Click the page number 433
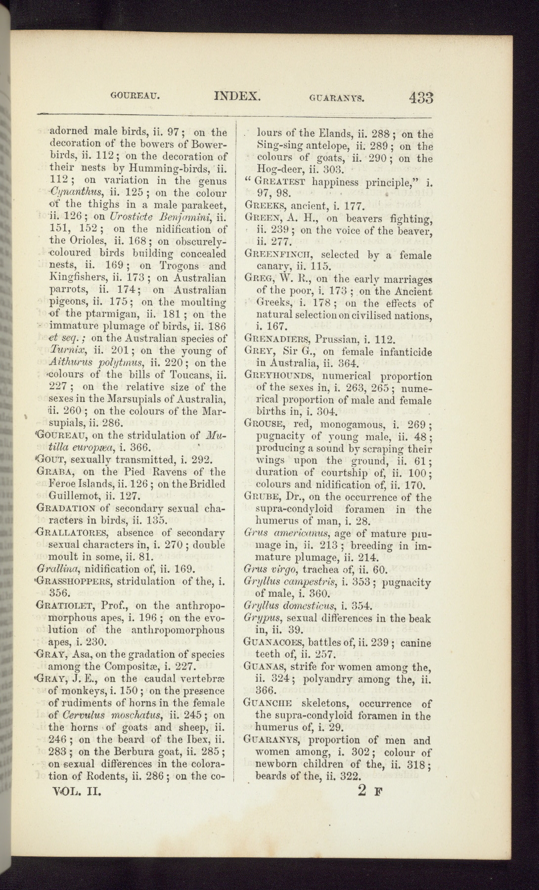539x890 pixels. (x=421, y=97)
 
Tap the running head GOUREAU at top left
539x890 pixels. (x=135, y=96)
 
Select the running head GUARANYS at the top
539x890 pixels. (x=337, y=98)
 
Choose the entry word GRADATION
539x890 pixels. (x=66, y=508)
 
